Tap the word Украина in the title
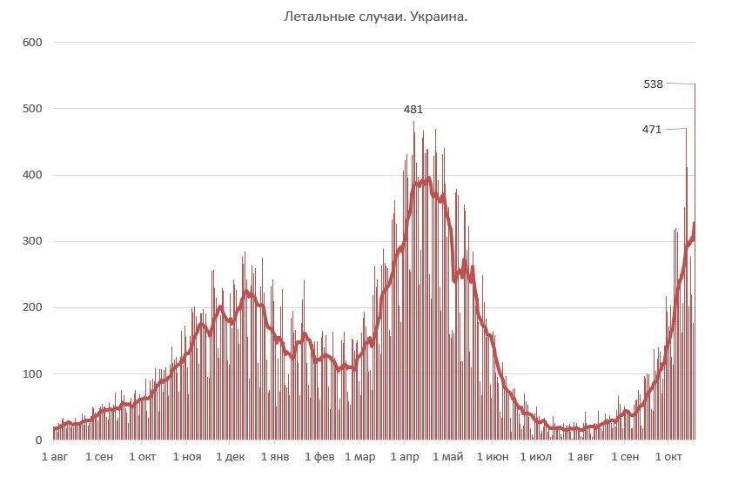coord(443,17)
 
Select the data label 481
coord(413,110)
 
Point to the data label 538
coord(653,84)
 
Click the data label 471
coord(652,130)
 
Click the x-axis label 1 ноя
coord(186,457)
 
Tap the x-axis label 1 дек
coord(231,457)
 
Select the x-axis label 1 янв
coord(274,457)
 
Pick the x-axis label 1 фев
coord(318,457)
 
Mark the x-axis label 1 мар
coord(359,457)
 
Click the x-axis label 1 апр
coord(404,457)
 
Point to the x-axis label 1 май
coord(447,457)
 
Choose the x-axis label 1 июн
coord(492,457)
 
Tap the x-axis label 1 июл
coord(535,457)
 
